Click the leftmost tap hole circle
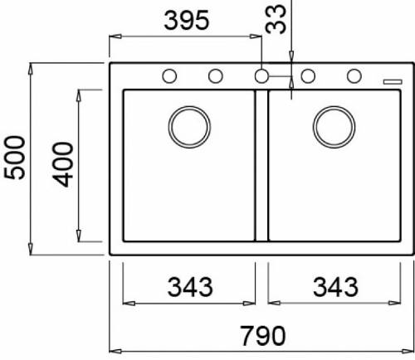pyautogui.click(x=168, y=76)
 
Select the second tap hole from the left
pyautogui.click(x=215, y=76)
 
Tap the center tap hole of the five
pyautogui.click(x=261, y=76)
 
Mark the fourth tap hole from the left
pyautogui.click(x=308, y=76)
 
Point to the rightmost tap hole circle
pyautogui.click(x=354, y=76)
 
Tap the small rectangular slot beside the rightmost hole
pyautogui.click(x=388, y=80)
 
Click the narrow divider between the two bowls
pyautogui.click(x=261, y=166)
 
